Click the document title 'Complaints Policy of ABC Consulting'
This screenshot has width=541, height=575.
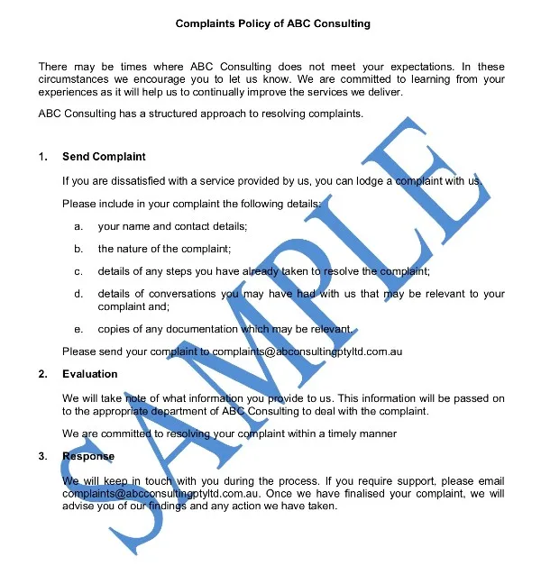point(272,23)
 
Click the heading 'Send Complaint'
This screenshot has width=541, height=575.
point(104,157)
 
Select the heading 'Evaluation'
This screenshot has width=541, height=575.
point(90,374)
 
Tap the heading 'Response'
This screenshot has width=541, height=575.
point(88,457)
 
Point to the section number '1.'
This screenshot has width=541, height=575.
point(43,157)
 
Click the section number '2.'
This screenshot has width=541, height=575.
point(43,374)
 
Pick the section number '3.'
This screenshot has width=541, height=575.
point(43,457)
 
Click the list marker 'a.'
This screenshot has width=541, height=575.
point(79,226)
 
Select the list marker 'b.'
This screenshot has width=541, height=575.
point(79,249)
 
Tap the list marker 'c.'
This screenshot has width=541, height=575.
point(79,271)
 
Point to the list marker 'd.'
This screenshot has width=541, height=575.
point(79,294)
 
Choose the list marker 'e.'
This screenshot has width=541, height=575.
point(79,329)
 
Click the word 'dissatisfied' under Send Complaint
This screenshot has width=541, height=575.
point(126,180)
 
